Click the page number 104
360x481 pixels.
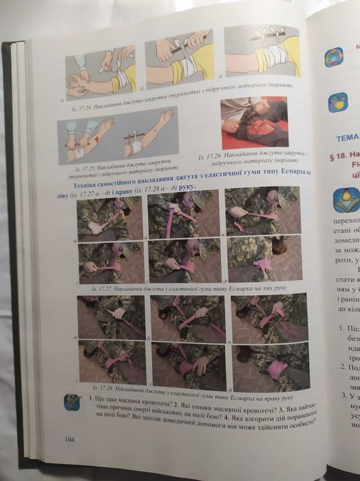[x=69, y=438]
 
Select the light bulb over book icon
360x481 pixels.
[x=345, y=200]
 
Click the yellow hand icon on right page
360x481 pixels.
[x=337, y=102]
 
